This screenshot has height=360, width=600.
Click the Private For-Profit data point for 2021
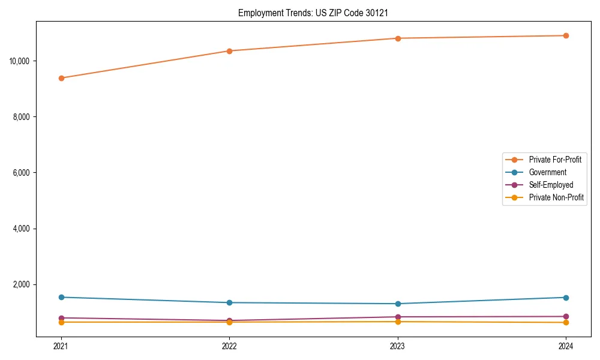tap(61, 78)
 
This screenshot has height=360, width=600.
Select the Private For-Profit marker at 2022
tap(229, 51)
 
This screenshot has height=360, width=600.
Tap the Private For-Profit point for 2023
tap(398, 38)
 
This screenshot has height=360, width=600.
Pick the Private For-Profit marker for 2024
tap(566, 35)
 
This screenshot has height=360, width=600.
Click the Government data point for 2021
tap(61, 297)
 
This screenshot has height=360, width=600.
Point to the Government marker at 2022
tap(229, 302)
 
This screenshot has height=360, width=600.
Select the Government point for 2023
tap(398, 304)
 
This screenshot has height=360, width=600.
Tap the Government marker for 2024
tap(566, 298)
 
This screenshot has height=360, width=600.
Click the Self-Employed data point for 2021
tap(61, 318)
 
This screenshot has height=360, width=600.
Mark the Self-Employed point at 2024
tap(566, 316)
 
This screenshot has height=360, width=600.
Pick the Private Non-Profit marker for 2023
tap(398, 322)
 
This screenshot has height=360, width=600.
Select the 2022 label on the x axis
tap(229, 346)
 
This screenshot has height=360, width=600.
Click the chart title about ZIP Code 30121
tap(313, 13)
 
